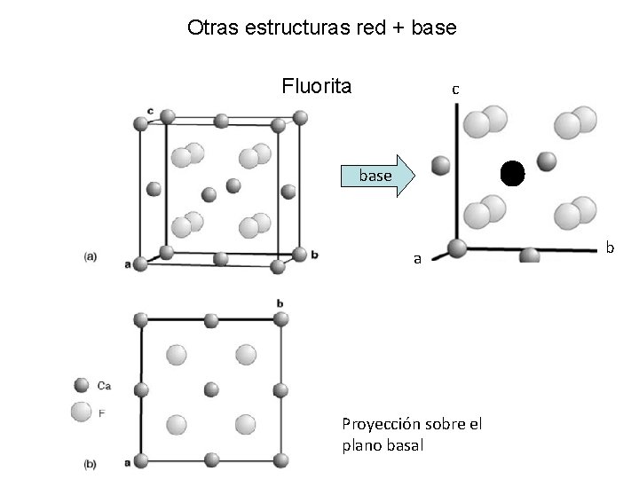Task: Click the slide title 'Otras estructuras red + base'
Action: tap(322, 27)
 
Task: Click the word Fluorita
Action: tap(316, 86)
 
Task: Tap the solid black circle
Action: tap(512, 172)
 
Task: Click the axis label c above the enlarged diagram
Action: tap(454, 89)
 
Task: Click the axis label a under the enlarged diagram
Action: tap(417, 259)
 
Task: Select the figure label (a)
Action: tap(91, 256)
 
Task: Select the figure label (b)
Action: tap(91, 463)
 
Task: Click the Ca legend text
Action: tap(105, 386)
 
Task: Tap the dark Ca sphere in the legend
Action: tap(82, 386)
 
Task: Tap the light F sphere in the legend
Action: tap(82, 412)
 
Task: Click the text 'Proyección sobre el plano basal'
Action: tap(412, 435)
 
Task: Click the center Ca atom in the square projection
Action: tap(211, 389)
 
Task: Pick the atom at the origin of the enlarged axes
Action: tap(457, 248)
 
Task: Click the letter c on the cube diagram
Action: tap(151, 110)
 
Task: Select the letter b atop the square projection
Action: tap(280, 303)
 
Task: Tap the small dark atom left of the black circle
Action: tap(439, 165)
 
